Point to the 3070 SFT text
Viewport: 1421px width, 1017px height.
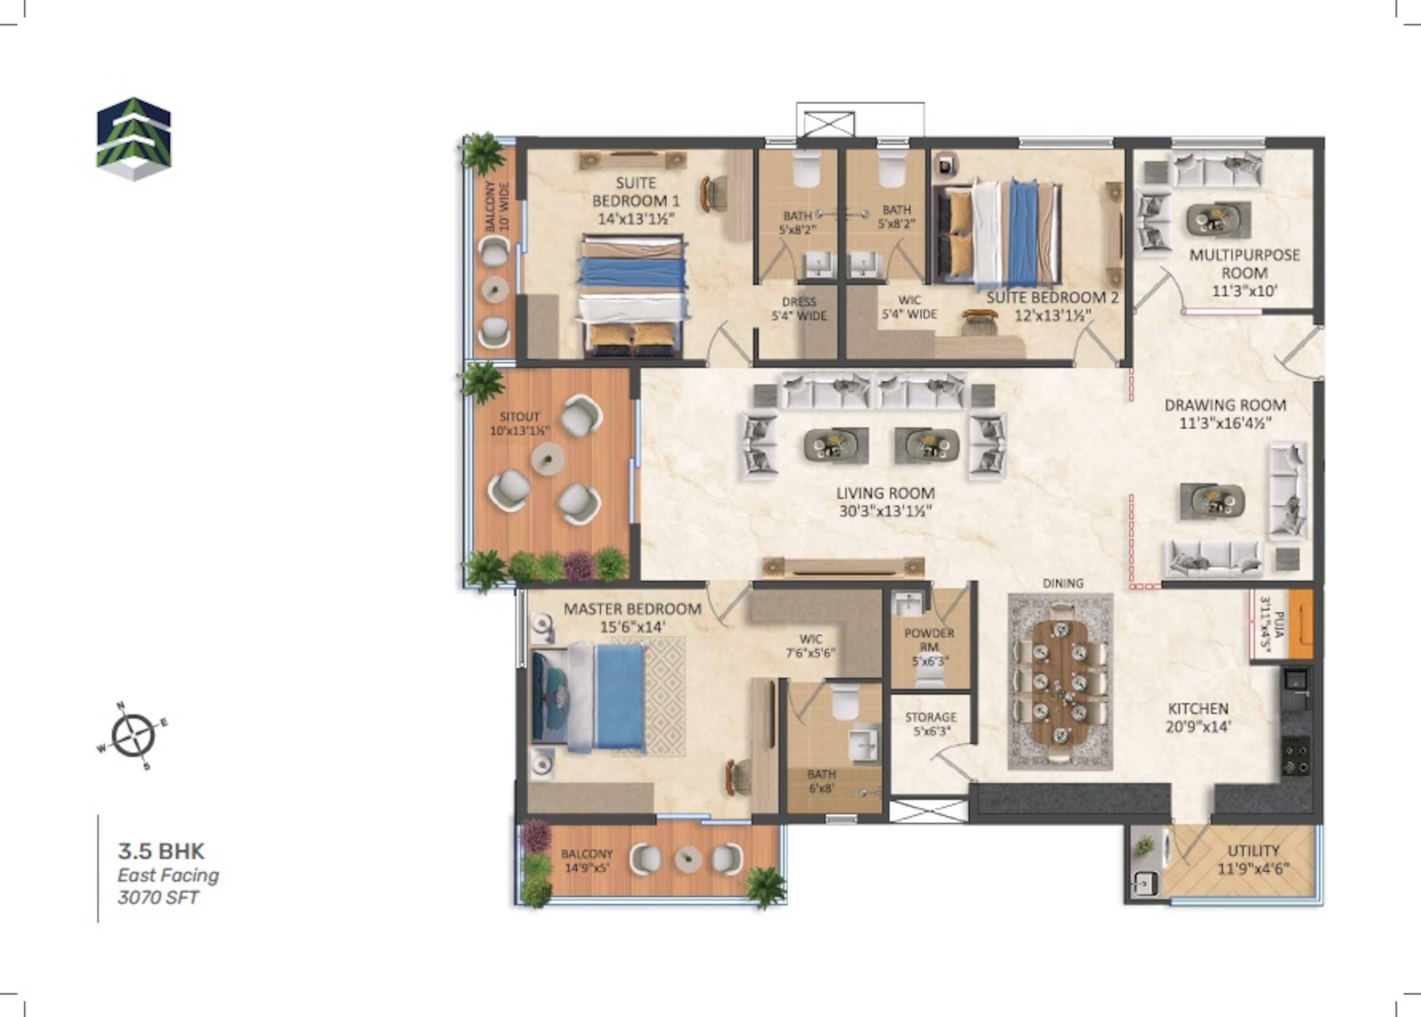click(x=158, y=897)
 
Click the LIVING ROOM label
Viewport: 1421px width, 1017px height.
click(x=885, y=493)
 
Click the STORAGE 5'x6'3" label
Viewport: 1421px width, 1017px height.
click(x=930, y=724)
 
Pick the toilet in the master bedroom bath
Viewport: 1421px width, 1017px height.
click(x=845, y=701)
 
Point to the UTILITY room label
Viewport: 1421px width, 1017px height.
click(x=1253, y=850)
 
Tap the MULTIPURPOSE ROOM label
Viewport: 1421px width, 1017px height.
click(x=1244, y=264)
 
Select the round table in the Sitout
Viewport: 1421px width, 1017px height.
click(x=548, y=459)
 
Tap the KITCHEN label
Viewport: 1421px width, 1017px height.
click(x=1198, y=708)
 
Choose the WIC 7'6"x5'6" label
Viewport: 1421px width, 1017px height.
click(x=811, y=646)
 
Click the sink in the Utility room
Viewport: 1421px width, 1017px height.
click(x=1145, y=883)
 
